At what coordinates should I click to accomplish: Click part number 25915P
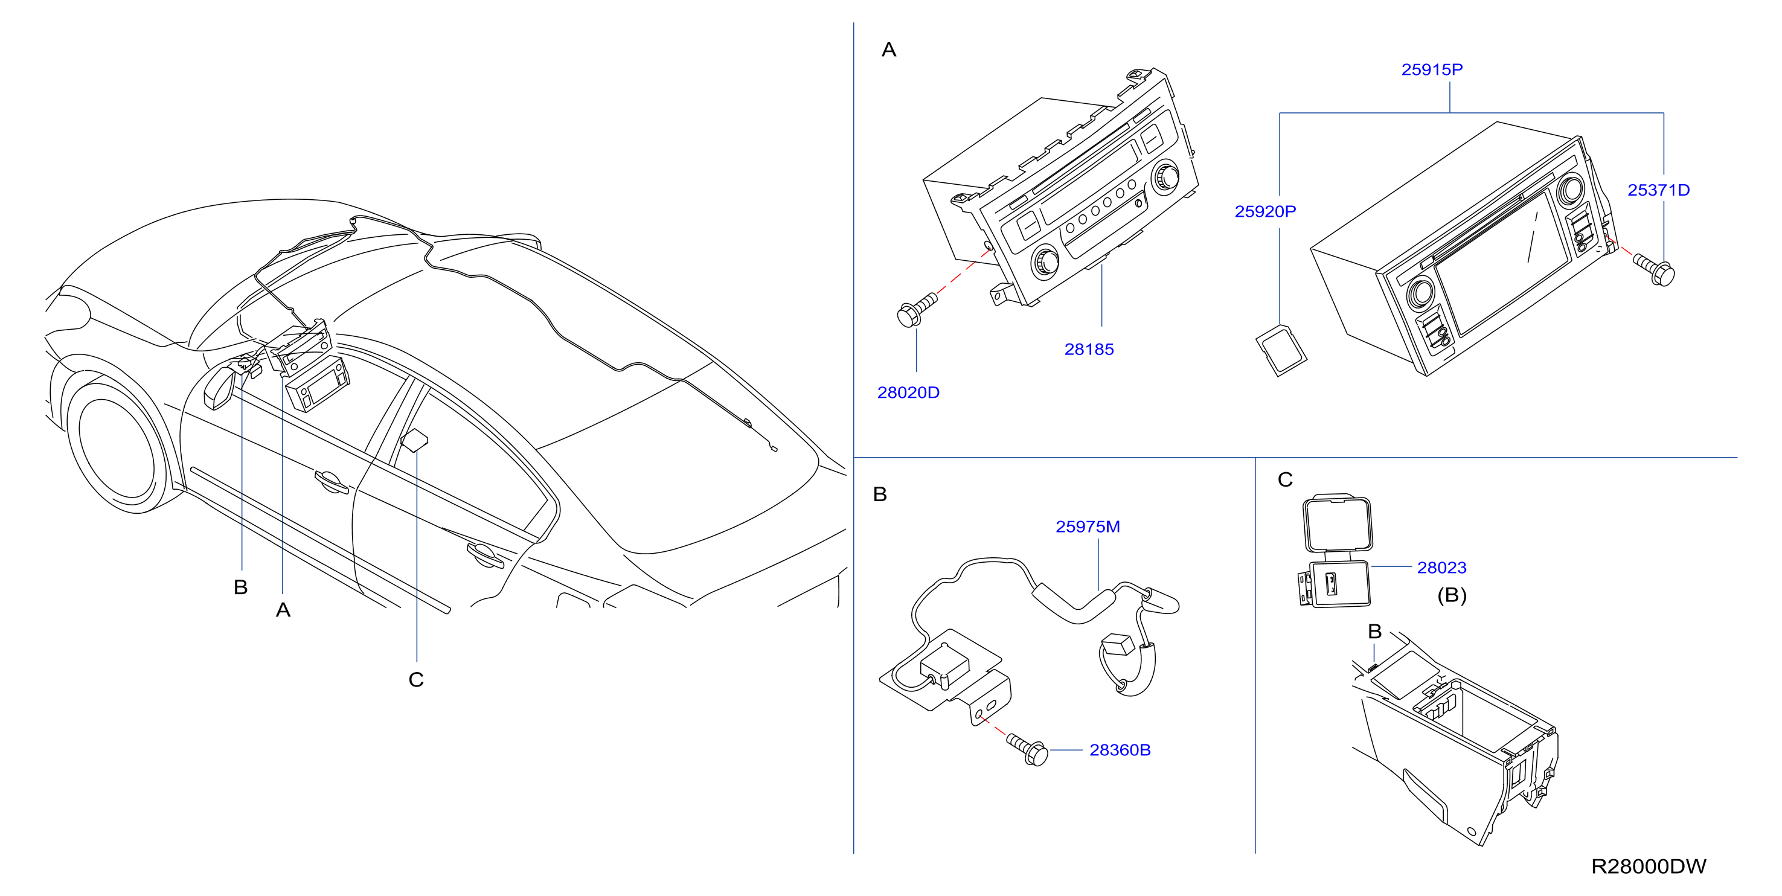point(1431,70)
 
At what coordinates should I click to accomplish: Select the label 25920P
point(1265,212)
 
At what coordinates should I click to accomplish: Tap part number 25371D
point(1658,190)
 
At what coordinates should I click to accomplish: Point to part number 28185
point(1089,350)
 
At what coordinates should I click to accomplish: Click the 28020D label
point(908,393)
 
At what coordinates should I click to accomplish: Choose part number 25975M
point(1088,527)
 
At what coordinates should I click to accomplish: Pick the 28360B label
point(1120,750)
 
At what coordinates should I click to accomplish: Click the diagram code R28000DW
point(1649,866)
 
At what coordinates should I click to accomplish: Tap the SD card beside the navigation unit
point(1281,351)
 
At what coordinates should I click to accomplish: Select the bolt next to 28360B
point(1027,750)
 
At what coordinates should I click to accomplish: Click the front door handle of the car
point(331,482)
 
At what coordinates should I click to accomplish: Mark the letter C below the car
point(415,680)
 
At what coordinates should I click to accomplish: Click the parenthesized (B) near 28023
point(1451,596)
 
